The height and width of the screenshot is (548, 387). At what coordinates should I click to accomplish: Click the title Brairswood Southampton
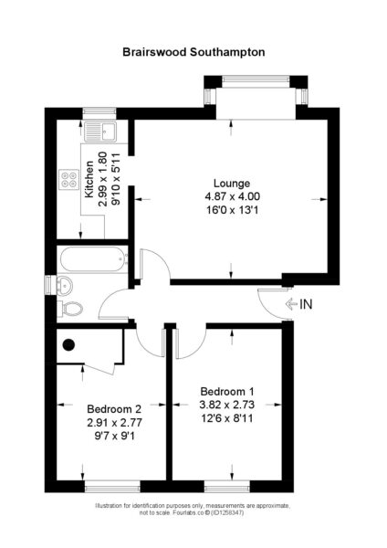193,52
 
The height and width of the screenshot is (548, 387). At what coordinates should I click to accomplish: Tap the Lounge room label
232,184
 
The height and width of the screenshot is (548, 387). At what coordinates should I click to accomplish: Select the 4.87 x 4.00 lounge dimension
232,196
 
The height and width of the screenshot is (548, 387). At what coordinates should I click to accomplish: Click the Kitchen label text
89,179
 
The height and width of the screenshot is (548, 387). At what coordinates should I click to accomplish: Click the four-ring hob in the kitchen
68,179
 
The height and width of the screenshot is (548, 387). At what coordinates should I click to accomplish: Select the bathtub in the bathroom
93,259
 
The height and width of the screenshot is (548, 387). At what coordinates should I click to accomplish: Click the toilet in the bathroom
70,309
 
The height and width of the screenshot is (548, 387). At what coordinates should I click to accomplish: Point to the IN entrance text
306,304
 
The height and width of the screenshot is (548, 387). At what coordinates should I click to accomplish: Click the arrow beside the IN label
291,304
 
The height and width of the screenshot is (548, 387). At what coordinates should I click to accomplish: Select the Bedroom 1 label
227,392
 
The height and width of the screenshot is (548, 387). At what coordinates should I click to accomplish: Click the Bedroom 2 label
114,408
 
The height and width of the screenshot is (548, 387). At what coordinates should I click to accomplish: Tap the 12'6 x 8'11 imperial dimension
227,418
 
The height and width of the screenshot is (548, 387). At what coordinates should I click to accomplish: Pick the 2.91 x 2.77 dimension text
115,423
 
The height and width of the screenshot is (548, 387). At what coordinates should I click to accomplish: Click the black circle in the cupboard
68,344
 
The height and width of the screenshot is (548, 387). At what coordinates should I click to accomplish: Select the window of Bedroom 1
227,486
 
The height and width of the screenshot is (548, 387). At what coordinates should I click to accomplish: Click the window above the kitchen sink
99,113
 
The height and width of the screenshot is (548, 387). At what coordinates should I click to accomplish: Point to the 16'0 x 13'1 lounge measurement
232,210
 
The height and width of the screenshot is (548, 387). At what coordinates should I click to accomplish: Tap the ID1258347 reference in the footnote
226,513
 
